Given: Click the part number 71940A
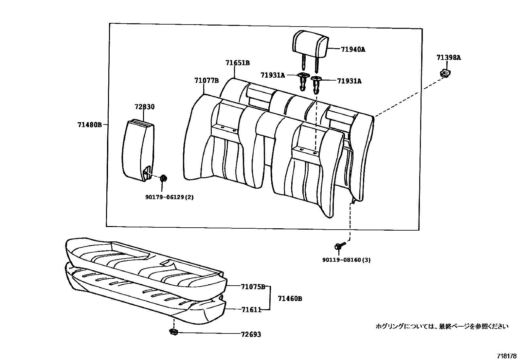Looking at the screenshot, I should pos(353,49).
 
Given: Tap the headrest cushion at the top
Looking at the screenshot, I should pos(310,42).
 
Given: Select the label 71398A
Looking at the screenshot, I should pos(448,58).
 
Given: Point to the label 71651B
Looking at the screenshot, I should pos(237,63).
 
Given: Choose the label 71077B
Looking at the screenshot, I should pos(206,81).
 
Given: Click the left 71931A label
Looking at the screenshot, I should pos(273,75).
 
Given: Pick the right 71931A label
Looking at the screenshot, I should pos(349,81).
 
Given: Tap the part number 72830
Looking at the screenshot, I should pos(144,107).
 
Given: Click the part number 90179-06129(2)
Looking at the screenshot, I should pos(169,197).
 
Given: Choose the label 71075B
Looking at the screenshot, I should pos(253,287).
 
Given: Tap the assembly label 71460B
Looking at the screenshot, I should pos(290,298).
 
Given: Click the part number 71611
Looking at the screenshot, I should pos(251,309).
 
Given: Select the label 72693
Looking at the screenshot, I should pos(251,334).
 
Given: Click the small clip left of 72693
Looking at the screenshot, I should pos(173,332).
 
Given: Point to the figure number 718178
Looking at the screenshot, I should pos(507,356).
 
